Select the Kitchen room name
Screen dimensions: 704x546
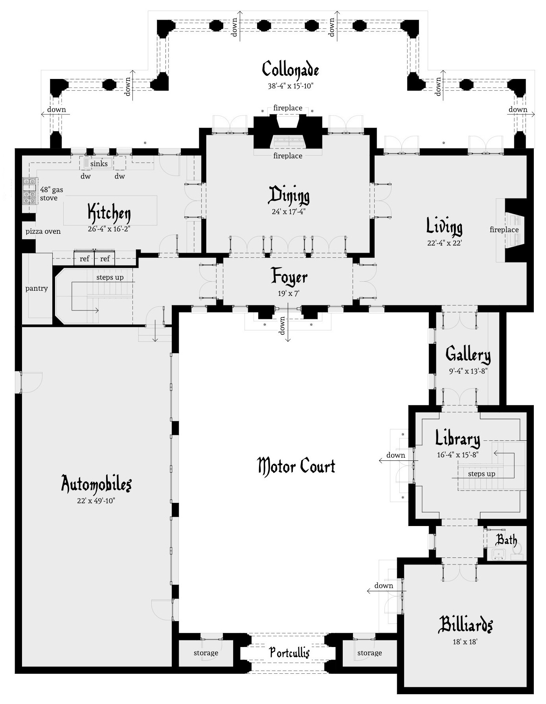pyautogui.click(x=109, y=213)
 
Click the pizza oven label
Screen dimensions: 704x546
pyautogui.click(x=43, y=231)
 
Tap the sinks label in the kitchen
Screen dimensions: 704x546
pyautogui.click(x=99, y=163)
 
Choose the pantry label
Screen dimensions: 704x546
pyautogui.click(x=37, y=288)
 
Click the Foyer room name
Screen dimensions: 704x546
pyautogui.click(x=289, y=277)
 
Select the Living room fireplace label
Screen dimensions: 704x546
pyautogui.click(x=504, y=229)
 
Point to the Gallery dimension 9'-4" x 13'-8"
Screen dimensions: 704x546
pyautogui.click(x=468, y=371)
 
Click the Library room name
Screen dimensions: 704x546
pyautogui.click(x=458, y=438)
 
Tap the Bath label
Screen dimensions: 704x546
pyautogui.click(x=506, y=540)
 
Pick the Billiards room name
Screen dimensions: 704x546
pyautogui.click(x=465, y=624)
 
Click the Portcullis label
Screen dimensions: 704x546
pyautogui.click(x=289, y=653)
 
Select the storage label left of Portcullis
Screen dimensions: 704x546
pyautogui.click(x=206, y=653)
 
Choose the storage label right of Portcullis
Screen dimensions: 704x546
pyautogui.click(x=370, y=653)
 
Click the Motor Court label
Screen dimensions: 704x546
pyautogui.click(x=296, y=466)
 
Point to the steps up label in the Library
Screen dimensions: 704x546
pyautogui.click(x=481, y=474)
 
